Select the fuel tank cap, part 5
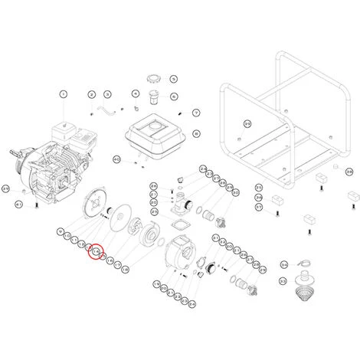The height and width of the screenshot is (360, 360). click(x=152, y=77)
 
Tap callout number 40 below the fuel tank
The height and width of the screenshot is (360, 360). click(x=117, y=159)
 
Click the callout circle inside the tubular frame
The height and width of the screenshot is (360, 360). click(x=247, y=123)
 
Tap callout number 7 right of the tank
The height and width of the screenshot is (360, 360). click(x=196, y=113)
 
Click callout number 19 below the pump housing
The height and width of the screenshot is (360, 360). click(x=163, y=285)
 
